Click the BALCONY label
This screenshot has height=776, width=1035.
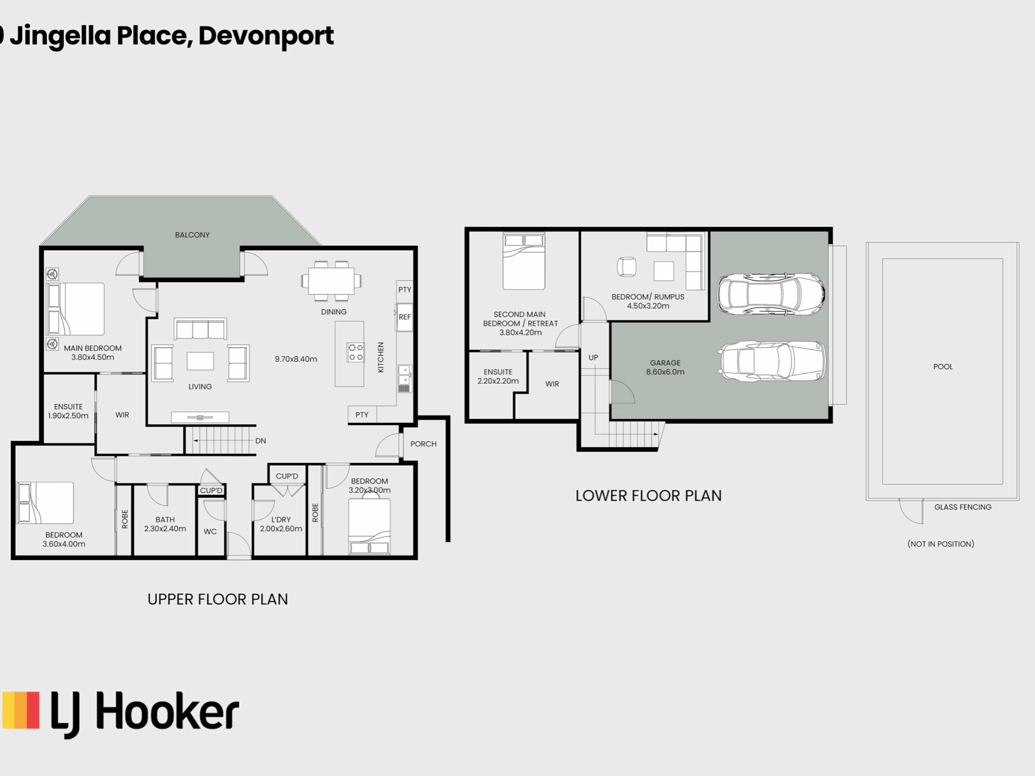pyautogui.click(x=192, y=235)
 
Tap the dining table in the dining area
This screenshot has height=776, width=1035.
pyautogui.click(x=331, y=281)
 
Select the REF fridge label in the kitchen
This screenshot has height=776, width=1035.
pyautogui.click(x=405, y=317)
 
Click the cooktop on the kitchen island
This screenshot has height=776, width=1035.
pyautogui.click(x=355, y=352)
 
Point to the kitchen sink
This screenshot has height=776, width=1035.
pyautogui.click(x=404, y=378)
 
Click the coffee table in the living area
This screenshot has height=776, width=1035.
pyautogui.click(x=200, y=361)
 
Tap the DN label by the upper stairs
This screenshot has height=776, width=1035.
pyautogui.click(x=260, y=441)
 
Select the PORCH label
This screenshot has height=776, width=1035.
pyautogui.click(x=423, y=444)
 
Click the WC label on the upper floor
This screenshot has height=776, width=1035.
pyautogui.click(x=210, y=531)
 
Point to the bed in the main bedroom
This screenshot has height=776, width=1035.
pyautogui.click(x=75, y=309)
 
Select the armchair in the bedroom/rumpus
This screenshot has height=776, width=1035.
pyautogui.click(x=626, y=266)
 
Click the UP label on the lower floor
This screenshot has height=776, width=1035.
pyautogui.click(x=593, y=357)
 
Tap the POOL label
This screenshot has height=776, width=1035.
pyautogui.click(x=943, y=366)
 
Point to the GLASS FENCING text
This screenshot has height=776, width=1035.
pyautogui.click(x=963, y=507)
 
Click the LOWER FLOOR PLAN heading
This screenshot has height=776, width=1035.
pyautogui.click(x=648, y=496)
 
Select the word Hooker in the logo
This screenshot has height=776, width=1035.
pyautogui.click(x=167, y=712)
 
